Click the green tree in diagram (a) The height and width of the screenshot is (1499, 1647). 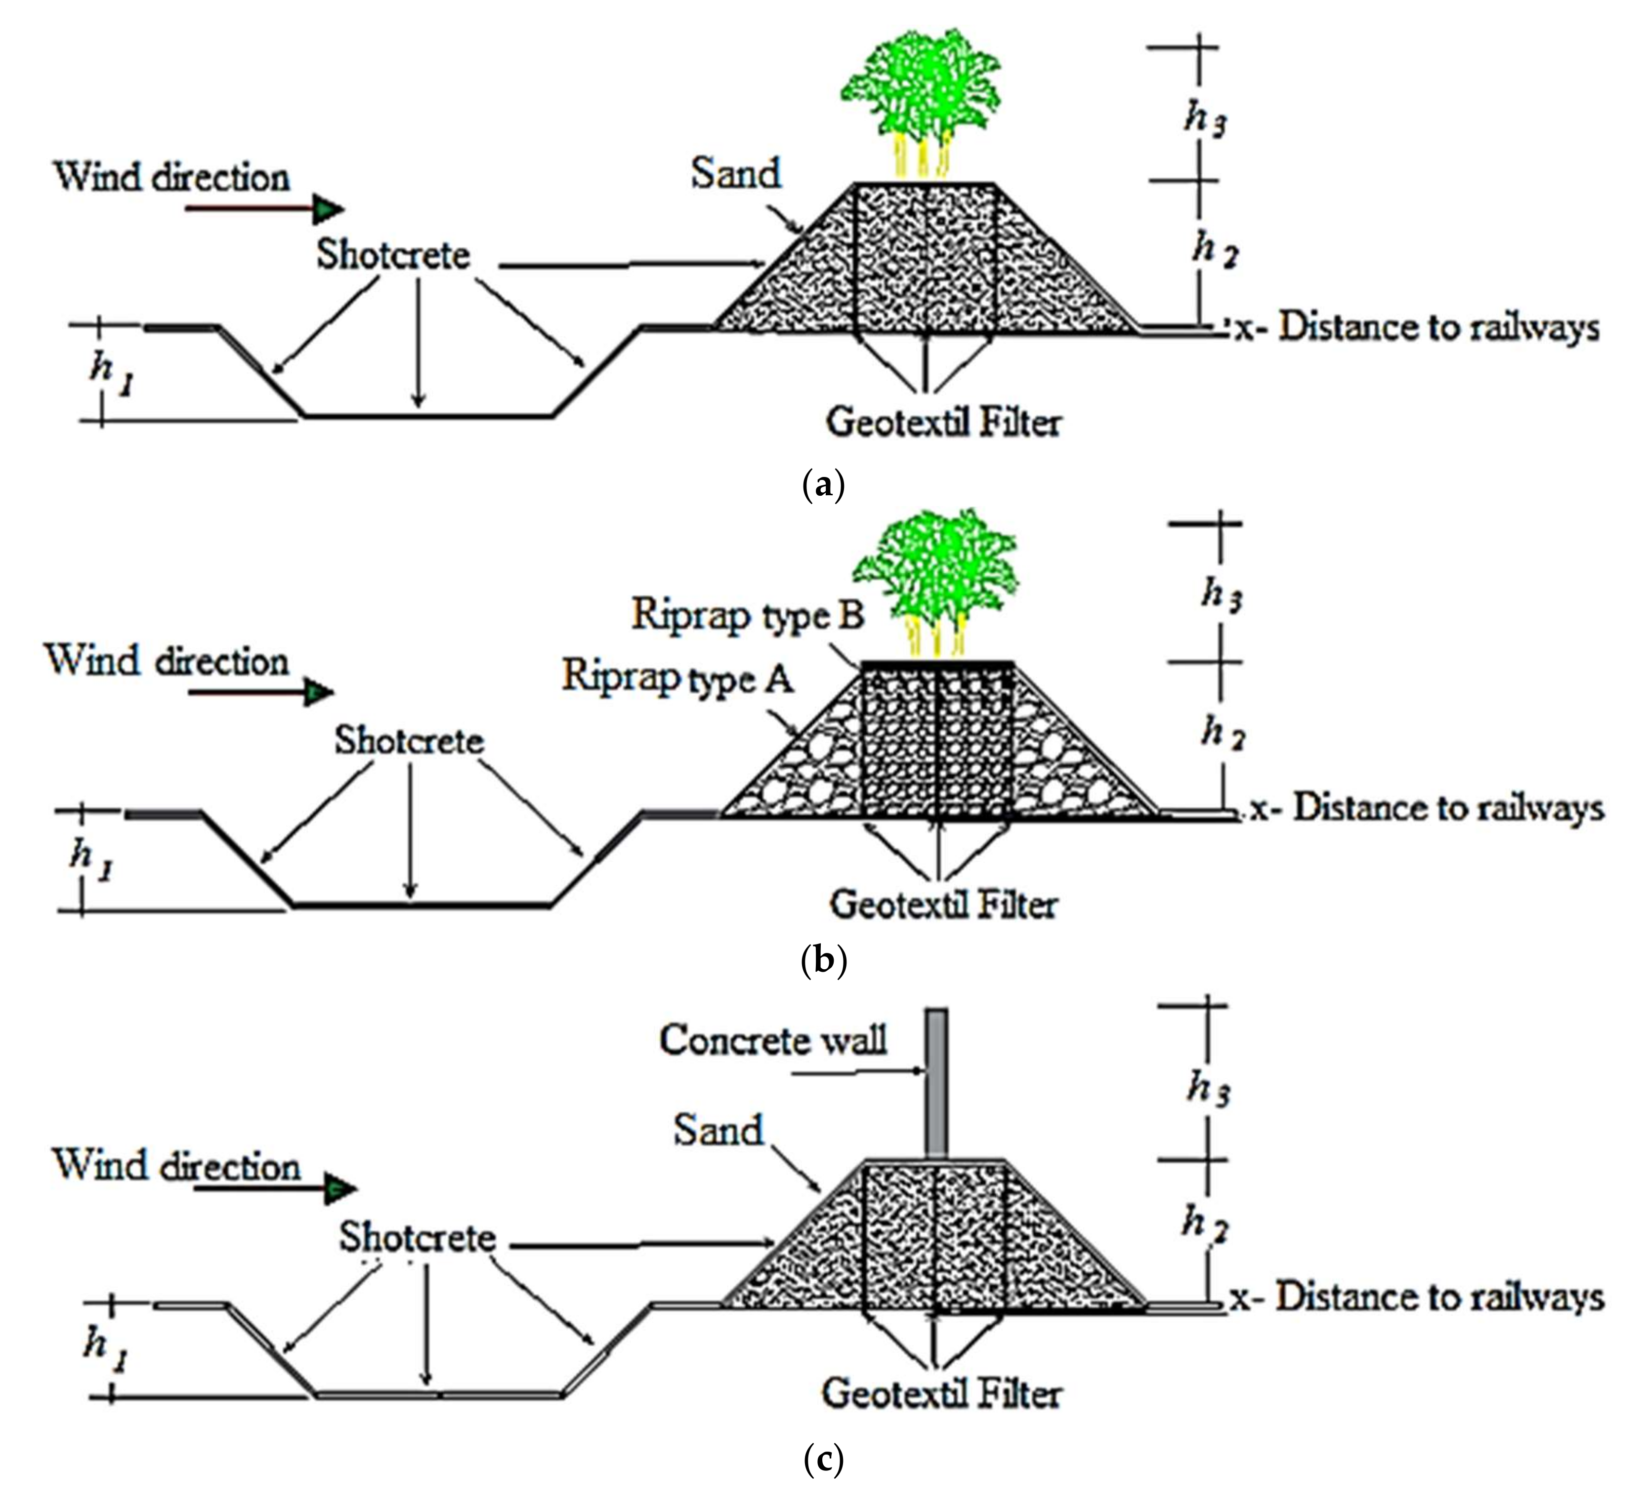click(x=922, y=90)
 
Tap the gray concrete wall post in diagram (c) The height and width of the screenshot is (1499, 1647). click(x=937, y=1082)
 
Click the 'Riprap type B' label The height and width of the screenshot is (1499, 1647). click(x=748, y=614)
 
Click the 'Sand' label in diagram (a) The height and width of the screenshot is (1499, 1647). click(x=735, y=173)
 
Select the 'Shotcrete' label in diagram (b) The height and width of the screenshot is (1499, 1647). click(x=409, y=741)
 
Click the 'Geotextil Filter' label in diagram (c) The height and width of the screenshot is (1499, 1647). click(x=941, y=1394)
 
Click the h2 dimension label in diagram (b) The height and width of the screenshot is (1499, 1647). click(x=1222, y=732)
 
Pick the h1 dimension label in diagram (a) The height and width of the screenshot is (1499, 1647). click(x=110, y=373)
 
